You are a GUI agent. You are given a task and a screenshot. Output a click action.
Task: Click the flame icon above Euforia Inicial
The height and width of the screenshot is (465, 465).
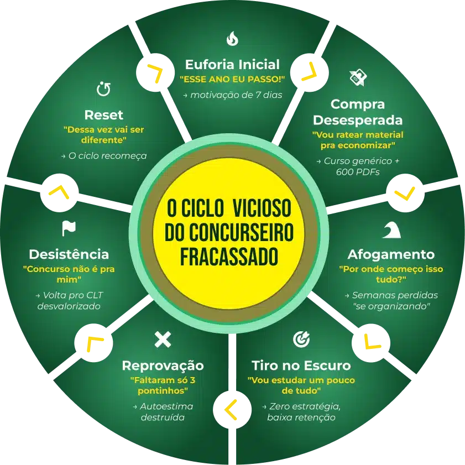point(232,39)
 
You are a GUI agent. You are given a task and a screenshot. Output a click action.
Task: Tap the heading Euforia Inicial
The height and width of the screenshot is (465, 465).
point(232,65)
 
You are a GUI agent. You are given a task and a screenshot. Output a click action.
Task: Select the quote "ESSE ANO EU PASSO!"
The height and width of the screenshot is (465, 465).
point(232,79)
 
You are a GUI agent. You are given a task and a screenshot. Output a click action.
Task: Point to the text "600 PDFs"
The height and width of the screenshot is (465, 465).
point(358,172)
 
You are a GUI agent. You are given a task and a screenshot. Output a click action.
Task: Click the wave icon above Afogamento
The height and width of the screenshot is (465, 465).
point(391,230)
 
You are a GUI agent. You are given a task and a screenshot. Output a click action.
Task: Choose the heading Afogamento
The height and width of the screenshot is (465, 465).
point(391,254)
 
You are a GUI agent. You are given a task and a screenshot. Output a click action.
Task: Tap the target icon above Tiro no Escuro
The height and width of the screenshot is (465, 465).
point(301,339)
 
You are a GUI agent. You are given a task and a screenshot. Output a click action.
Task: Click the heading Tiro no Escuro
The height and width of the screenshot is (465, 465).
point(301,365)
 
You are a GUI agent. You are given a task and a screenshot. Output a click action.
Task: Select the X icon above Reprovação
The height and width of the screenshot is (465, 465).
point(163,339)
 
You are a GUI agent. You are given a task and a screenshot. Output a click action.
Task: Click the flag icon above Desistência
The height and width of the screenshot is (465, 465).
point(69,229)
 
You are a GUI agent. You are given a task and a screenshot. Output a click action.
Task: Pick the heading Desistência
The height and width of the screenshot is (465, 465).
point(69,254)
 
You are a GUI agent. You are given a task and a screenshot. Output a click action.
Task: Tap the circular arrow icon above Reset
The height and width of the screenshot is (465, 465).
point(103,88)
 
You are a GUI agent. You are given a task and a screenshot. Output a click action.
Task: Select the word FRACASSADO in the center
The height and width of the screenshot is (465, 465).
point(229,257)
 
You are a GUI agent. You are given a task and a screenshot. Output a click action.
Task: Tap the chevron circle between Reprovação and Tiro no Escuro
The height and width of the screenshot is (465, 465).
point(232,410)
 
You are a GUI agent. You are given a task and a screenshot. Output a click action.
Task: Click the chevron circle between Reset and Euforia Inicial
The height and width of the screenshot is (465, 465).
point(155,72)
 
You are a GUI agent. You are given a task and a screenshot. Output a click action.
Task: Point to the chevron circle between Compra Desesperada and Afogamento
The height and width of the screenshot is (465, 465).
point(405,193)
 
